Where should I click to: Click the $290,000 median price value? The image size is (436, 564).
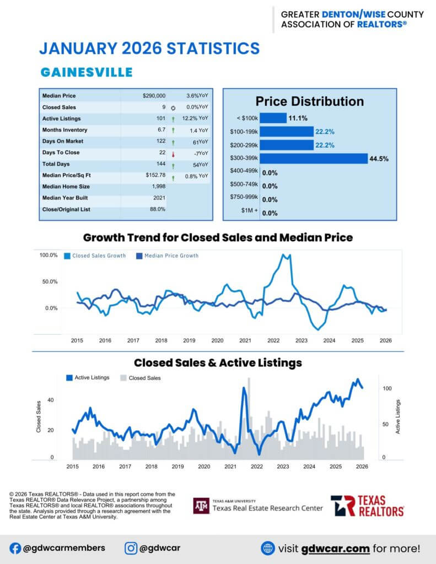pyautogui.click(x=154, y=96)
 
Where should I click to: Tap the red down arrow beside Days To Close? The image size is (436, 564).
pyautogui.click(x=173, y=153)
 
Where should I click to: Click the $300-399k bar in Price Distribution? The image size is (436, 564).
pyautogui.click(x=313, y=159)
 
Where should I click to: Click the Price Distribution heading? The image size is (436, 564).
pyautogui.click(x=309, y=101)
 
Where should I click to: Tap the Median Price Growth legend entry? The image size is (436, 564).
pyautogui.click(x=168, y=256)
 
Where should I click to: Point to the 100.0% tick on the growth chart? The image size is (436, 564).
pyautogui.click(x=48, y=255)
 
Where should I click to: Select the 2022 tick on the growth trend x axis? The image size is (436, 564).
pyautogui.click(x=273, y=341)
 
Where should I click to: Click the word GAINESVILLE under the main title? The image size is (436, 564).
pyautogui.click(x=87, y=72)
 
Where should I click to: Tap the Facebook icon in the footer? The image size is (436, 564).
pyautogui.click(x=15, y=548)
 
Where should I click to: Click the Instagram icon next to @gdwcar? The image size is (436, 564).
pyautogui.click(x=131, y=548)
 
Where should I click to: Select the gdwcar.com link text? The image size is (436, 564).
pyautogui.click(x=329, y=549)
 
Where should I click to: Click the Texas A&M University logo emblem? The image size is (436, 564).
pyautogui.click(x=201, y=506)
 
